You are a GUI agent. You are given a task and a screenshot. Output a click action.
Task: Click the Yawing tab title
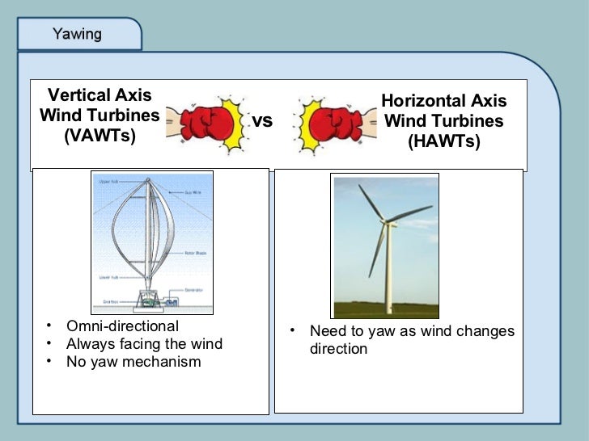pyautogui.click(x=77, y=34)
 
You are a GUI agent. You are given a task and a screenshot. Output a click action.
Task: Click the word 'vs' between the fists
pyautogui.click(x=262, y=121)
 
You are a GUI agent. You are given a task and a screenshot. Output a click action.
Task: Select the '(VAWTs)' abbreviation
pyautogui.click(x=100, y=136)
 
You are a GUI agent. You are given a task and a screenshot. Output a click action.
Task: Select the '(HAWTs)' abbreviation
pyautogui.click(x=443, y=142)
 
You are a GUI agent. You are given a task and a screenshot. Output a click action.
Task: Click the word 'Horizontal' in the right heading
pyautogui.click(x=422, y=101)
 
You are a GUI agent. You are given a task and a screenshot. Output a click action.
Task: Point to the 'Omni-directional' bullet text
pyautogui.click(x=122, y=326)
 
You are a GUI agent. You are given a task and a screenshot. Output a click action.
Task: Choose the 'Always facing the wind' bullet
pyautogui.click(x=144, y=344)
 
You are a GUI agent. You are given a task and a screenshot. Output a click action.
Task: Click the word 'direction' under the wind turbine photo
pyautogui.click(x=338, y=350)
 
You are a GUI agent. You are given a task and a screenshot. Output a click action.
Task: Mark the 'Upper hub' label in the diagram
pyautogui.click(x=107, y=182)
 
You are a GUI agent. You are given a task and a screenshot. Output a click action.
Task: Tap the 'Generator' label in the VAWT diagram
pyautogui.click(x=193, y=289)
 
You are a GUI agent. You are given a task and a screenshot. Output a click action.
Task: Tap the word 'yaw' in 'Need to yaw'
pyautogui.click(x=378, y=332)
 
